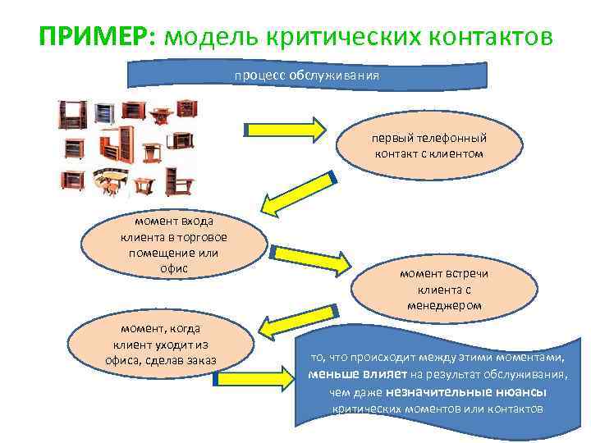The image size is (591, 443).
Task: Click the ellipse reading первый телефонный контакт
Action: tap(429, 145)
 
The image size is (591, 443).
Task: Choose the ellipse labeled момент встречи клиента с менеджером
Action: tap(444, 289)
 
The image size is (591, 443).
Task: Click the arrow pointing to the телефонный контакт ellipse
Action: tap(285, 129)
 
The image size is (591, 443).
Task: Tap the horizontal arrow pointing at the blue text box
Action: tap(254, 379)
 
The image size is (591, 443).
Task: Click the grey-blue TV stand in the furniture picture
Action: tap(104, 112)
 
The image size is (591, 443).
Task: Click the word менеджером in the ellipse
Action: tap(444, 305)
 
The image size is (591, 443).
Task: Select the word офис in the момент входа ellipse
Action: tap(173, 268)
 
